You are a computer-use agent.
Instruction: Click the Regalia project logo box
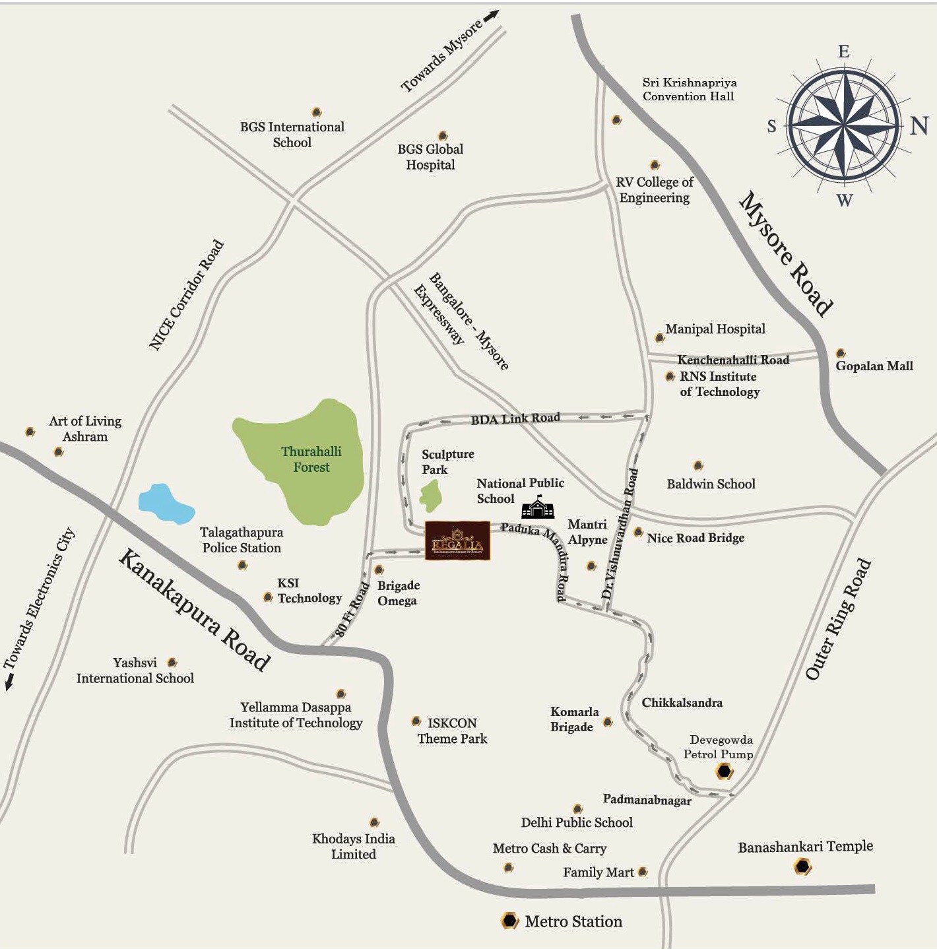(x=457, y=541)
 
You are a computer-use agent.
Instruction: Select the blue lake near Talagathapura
(x=165, y=505)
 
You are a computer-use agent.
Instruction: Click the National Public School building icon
(x=538, y=507)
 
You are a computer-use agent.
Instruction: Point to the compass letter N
(x=919, y=125)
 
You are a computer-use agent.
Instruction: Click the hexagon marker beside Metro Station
(x=509, y=921)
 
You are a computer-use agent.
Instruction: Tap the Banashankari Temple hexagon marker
(x=802, y=867)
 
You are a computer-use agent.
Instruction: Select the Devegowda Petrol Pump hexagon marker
(x=725, y=771)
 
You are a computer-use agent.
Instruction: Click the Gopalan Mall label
(x=874, y=366)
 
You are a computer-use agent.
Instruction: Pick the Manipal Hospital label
(x=715, y=329)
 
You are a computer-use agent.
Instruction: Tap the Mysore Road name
(x=785, y=254)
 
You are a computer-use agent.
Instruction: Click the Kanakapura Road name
(x=194, y=610)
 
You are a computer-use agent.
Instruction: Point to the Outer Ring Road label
(x=838, y=619)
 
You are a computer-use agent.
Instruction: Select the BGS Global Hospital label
(x=430, y=157)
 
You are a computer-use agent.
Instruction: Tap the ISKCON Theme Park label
(x=452, y=731)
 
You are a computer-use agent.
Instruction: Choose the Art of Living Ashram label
(x=85, y=428)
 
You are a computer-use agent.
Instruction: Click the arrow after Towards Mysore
(x=492, y=16)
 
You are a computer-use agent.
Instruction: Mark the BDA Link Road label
(x=515, y=418)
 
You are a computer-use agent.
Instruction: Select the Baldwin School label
(x=711, y=484)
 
